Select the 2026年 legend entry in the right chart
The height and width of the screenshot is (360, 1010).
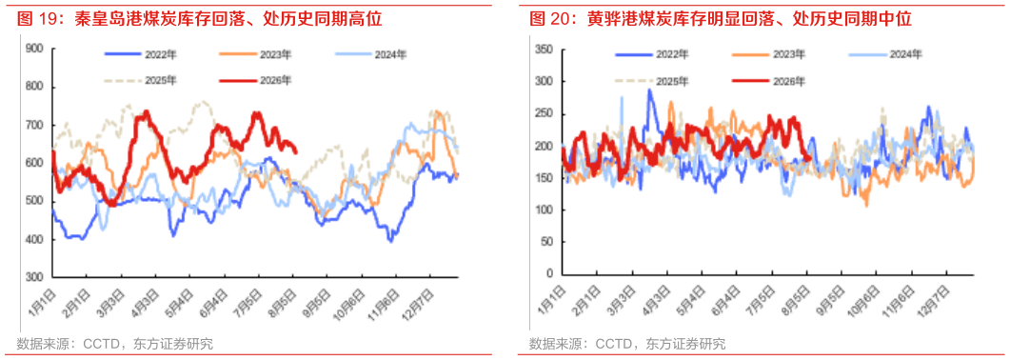point(769,81)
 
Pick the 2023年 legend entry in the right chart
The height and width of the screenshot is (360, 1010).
point(769,54)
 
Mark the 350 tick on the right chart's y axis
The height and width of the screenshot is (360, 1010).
point(545,50)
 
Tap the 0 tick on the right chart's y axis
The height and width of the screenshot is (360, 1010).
point(550,273)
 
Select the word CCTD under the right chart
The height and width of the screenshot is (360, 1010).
point(615,344)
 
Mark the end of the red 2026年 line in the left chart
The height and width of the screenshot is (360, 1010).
point(296,152)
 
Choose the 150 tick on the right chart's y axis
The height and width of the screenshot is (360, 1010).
point(545,178)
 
